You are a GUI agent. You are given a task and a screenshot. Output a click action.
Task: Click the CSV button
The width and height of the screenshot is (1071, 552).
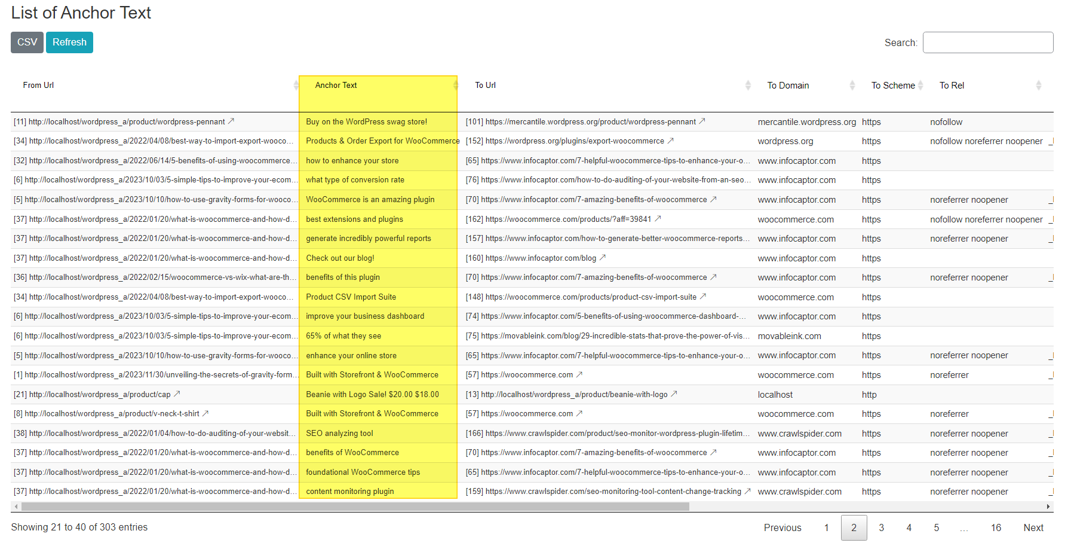click(x=27, y=42)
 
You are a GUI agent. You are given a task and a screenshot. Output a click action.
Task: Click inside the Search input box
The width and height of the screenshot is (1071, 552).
click(x=987, y=42)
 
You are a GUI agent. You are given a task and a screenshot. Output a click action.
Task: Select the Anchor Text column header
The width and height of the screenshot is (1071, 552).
click(x=336, y=86)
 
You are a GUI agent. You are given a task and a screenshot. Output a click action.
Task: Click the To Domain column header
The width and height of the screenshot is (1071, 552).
click(x=788, y=86)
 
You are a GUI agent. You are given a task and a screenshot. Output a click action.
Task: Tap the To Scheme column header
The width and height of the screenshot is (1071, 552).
click(x=892, y=86)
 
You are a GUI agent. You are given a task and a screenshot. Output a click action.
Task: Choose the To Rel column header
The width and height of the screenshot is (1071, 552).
click(x=952, y=86)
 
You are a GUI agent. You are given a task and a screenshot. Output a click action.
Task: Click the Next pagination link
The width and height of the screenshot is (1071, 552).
click(x=1033, y=527)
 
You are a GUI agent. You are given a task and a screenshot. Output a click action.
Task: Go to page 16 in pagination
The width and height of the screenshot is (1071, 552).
click(x=996, y=527)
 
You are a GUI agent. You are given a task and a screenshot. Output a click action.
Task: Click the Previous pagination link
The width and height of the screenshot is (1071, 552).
click(x=782, y=527)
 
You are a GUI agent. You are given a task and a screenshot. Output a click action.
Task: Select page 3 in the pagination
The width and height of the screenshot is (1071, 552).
click(x=881, y=527)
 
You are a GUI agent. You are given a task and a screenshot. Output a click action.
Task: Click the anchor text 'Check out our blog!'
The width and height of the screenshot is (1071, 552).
click(x=340, y=258)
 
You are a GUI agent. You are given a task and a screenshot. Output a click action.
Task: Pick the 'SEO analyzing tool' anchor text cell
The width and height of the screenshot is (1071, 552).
click(x=339, y=434)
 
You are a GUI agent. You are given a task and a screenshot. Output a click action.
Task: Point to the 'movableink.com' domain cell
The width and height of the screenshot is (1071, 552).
click(x=789, y=336)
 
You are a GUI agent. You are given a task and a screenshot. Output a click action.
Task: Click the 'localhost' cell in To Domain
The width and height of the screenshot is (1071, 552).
click(x=775, y=395)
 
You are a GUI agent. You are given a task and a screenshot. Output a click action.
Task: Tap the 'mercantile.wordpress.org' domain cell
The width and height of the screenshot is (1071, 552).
click(x=806, y=122)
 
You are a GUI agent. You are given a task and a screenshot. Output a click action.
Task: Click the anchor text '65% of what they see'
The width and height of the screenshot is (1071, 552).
click(x=343, y=336)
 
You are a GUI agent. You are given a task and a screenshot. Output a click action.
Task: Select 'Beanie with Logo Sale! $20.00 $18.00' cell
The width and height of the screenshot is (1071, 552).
click(x=372, y=395)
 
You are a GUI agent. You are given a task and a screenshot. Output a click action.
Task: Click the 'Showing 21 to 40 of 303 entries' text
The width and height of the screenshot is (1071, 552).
click(x=79, y=527)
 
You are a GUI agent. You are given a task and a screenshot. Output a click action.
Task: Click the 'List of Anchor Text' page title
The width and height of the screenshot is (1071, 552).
click(x=81, y=13)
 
